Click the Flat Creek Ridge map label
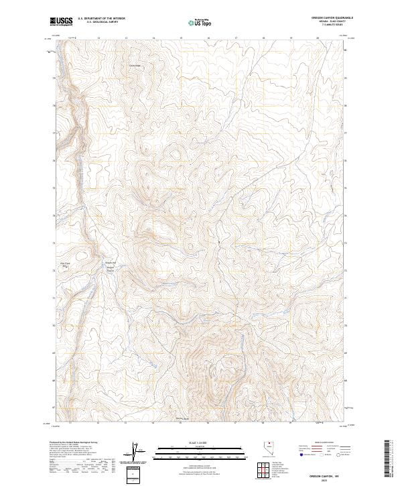tap(65, 265)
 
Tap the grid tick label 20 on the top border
tap(318, 38)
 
